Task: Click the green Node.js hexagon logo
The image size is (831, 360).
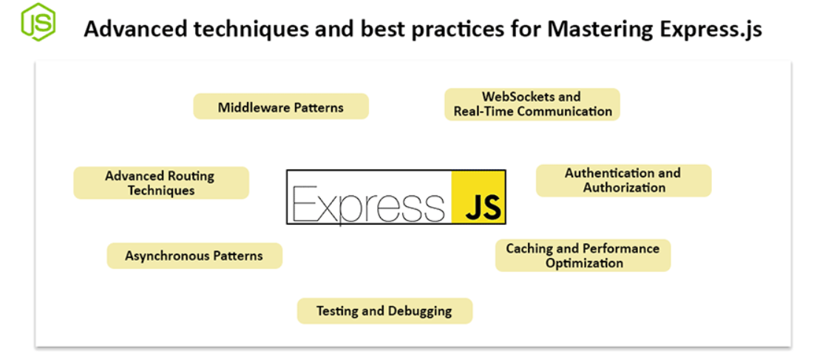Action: pyautogui.click(x=38, y=21)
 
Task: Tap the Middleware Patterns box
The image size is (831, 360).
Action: pyautogui.click(x=281, y=106)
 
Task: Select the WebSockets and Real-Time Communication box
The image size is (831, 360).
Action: pyautogui.click(x=532, y=104)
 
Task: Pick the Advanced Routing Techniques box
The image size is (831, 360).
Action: pyautogui.click(x=161, y=183)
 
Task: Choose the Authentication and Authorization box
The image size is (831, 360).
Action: pyautogui.click(x=624, y=180)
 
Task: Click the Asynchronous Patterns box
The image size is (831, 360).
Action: pyautogui.click(x=194, y=256)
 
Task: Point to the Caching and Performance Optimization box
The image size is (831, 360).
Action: pyautogui.click(x=583, y=256)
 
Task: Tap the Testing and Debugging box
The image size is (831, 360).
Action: pyautogui.click(x=384, y=310)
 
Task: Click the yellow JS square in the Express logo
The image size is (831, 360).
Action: pyautogui.click(x=478, y=197)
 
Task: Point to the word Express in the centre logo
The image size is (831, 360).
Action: pyautogui.click(x=368, y=204)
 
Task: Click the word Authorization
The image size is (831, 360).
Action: pyautogui.click(x=624, y=188)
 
